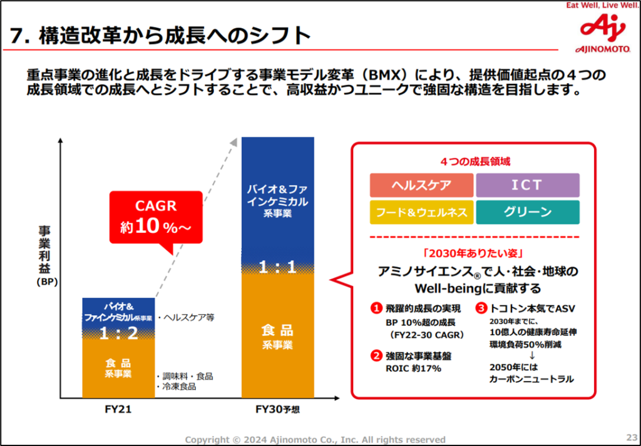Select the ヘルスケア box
423,185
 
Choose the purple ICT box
527,185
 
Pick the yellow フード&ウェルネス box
423,212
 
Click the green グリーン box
527,212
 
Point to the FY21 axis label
118,410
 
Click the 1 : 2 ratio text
119,333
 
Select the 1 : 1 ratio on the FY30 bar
277,267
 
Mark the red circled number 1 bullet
376,308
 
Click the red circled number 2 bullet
376,357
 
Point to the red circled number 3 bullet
481,308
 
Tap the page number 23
630,437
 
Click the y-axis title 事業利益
45,250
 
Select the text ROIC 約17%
414,368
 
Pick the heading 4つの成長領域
474,161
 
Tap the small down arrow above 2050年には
532,356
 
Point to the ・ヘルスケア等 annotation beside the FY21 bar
186,317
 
